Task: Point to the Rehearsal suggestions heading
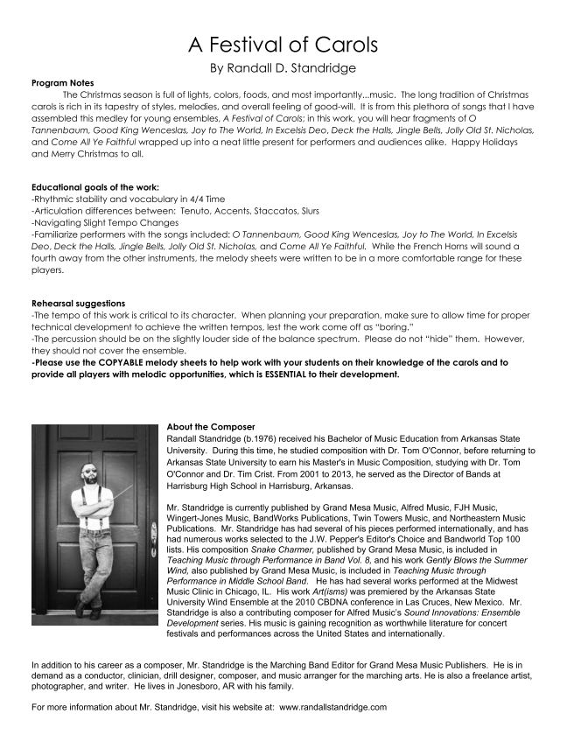(x=78, y=304)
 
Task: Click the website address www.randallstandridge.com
(x=332, y=707)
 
